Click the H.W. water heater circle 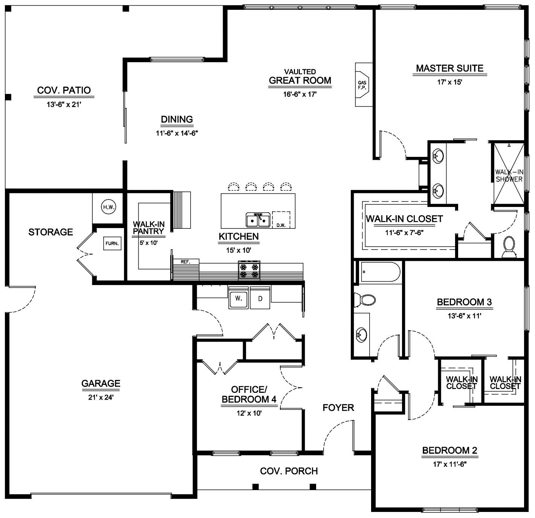(109, 207)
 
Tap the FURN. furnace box (112, 244)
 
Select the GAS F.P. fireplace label (362, 85)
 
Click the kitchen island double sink (258, 219)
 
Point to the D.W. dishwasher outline (281, 220)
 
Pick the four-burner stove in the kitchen (249, 270)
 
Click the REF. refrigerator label (185, 262)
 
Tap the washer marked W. (238, 298)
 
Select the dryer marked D (260, 298)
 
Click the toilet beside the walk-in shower (509, 247)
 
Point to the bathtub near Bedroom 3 (380, 272)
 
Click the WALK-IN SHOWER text (509, 176)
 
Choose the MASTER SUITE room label (449, 68)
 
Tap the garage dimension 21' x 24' (101, 397)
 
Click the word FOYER (338, 408)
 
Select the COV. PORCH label (289, 471)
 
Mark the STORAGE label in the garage (50, 232)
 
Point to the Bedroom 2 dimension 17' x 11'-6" (450, 464)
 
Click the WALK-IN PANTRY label (148, 228)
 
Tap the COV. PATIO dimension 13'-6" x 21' (64, 104)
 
